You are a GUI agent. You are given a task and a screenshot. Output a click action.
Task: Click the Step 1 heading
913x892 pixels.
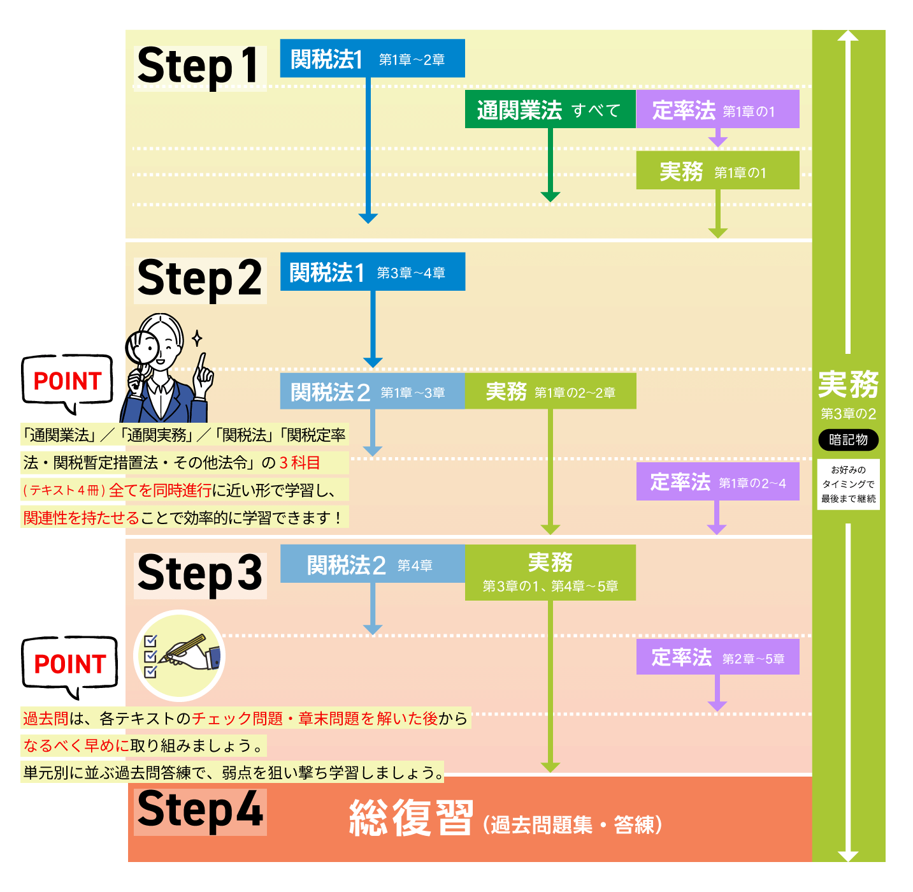199,66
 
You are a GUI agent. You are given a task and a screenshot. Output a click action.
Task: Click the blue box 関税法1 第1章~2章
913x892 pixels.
372,59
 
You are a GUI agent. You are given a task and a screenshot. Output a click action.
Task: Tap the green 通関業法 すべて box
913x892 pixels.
550,110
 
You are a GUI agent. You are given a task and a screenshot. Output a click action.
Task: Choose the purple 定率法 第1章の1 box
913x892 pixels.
717,110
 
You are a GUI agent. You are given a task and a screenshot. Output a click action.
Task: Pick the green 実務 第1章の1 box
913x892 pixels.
717,171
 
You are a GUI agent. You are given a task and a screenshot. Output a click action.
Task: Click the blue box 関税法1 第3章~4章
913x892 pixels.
372,272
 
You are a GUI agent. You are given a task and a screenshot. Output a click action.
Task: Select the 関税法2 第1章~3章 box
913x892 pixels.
372,391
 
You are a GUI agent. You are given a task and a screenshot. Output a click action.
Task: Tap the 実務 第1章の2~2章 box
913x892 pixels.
550,391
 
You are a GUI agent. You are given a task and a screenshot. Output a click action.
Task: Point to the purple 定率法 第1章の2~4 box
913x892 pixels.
717,482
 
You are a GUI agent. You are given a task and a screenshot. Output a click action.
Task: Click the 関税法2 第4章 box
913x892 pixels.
372,564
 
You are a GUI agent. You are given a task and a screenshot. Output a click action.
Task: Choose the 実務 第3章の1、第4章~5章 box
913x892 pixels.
550,572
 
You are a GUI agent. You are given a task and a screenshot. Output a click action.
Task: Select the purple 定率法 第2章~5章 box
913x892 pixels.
717,657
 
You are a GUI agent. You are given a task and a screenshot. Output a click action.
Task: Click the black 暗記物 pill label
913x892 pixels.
848,439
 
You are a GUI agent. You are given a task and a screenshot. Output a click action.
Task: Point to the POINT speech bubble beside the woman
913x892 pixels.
68,381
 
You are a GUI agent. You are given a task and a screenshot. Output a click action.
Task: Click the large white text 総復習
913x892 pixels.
411,818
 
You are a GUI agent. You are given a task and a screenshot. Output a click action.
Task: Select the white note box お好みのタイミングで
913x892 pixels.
848,484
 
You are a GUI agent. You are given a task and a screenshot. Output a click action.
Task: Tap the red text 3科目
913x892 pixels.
299,462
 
